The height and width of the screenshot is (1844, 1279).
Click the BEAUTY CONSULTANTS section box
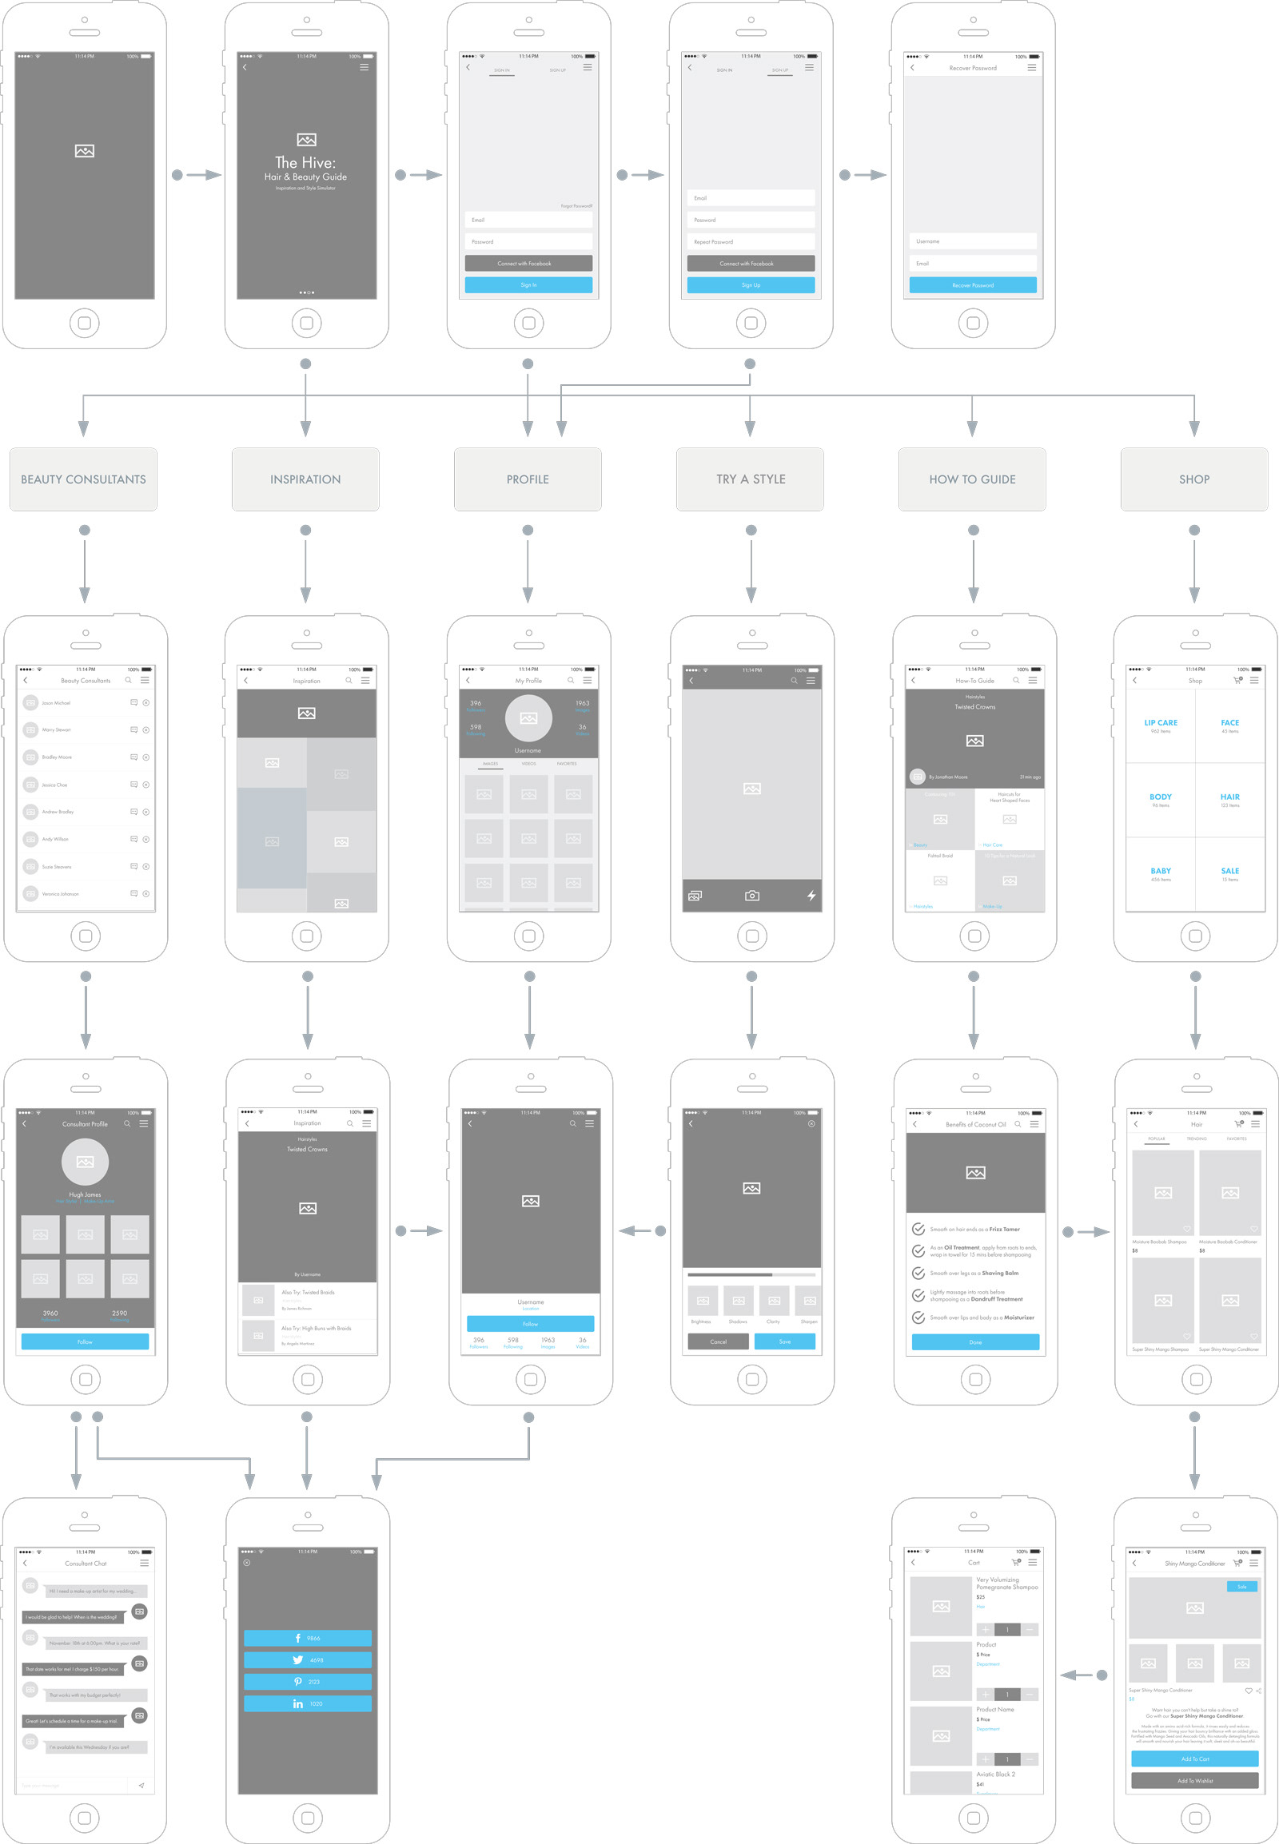tap(83, 479)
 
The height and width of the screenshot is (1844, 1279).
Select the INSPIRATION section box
tap(305, 479)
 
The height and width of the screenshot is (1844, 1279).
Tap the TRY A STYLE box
tap(750, 479)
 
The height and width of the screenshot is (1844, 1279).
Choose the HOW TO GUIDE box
tap(972, 479)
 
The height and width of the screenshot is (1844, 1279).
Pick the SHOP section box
tap(1194, 479)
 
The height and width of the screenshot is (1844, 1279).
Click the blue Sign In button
tap(528, 285)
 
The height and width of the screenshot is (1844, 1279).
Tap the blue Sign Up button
tap(750, 285)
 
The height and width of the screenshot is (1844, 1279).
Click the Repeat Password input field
tap(750, 242)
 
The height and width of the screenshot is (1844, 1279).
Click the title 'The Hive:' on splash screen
tap(305, 163)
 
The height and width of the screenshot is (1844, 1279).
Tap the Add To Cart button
tap(1194, 1759)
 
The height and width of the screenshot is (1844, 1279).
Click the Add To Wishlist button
tap(1194, 1781)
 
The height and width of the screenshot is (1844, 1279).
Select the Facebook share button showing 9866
tap(307, 1638)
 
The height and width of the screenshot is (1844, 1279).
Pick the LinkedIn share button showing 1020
tap(307, 1704)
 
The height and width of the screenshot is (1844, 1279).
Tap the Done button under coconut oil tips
tap(975, 1342)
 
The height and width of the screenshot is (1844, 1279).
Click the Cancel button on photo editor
tap(718, 1341)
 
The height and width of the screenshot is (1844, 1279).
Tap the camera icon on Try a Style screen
tap(751, 896)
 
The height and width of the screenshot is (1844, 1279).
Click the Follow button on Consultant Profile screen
tap(85, 1341)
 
